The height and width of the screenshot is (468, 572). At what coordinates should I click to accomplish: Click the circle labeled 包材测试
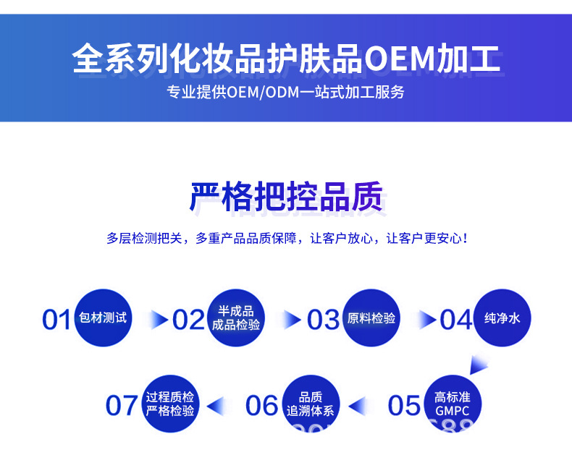click(x=104, y=318)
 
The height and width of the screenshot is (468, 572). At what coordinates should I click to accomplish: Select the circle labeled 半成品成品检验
click(x=236, y=318)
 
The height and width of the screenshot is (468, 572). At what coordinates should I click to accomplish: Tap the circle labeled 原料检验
click(x=371, y=318)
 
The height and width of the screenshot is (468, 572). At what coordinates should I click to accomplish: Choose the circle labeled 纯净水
click(x=502, y=318)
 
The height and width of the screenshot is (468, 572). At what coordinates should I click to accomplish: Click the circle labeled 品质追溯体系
click(x=310, y=404)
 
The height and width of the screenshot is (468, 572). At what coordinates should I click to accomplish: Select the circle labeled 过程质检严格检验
click(x=170, y=404)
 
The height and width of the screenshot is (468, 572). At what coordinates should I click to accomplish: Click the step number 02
click(x=188, y=319)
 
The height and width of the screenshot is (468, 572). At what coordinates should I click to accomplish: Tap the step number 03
click(x=323, y=319)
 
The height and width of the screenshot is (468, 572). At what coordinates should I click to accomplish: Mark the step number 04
click(x=455, y=319)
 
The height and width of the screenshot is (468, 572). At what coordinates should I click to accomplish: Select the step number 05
click(x=404, y=405)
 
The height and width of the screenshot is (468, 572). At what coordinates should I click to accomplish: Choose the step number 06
click(x=262, y=405)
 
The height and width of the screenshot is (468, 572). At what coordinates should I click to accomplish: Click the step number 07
click(x=122, y=405)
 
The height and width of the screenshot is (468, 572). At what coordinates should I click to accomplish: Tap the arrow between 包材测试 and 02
click(x=159, y=318)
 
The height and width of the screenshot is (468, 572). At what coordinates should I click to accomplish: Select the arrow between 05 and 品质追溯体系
click(x=360, y=405)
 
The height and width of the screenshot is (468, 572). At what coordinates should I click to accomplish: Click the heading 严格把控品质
click(x=286, y=197)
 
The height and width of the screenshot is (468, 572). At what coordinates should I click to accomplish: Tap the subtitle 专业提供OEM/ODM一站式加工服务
click(x=286, y=93)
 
